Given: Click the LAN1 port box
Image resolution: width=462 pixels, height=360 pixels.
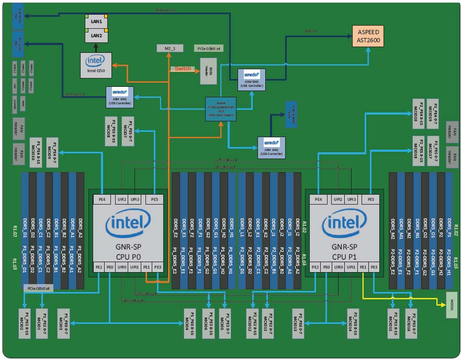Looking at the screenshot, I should [x=96, y=22].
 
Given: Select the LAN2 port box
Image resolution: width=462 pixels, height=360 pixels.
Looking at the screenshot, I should [x=96, y=36].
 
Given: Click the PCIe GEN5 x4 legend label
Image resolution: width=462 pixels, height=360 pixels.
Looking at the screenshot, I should [x=209, y=48].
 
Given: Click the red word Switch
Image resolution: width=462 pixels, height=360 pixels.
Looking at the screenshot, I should [x=183, y=69].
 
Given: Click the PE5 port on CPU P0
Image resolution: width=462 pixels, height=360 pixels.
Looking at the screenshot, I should [x=154, y=199].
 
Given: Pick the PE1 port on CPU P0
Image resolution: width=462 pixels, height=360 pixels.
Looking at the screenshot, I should [x=147, y=267].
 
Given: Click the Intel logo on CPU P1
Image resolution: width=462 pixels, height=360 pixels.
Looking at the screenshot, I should [x=345, y=226].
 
